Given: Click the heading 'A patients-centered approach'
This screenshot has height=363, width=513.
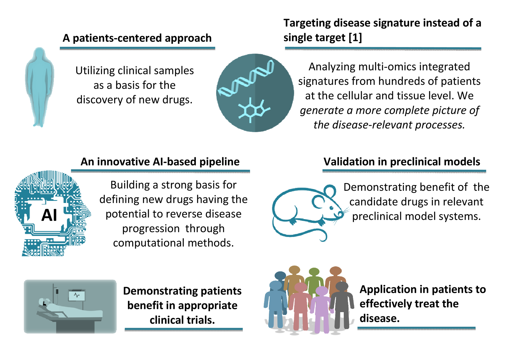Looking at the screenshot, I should click(x=137, y=38).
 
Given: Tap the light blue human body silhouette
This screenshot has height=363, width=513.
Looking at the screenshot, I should click(x=40, y=86).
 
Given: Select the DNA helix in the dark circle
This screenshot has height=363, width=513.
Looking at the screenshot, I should click(x=246, y=78).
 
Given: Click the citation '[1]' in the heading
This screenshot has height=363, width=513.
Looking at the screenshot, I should click(x=355, y=37).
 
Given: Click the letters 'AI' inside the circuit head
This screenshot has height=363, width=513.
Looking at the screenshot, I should click(x=49, y=215).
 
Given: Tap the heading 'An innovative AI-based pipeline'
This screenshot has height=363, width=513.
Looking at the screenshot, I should click(x=160, y=162).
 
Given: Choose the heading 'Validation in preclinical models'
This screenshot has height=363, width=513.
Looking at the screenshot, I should click(x=402, y=162).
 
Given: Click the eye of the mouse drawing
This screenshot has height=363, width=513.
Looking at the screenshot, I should click(x=331, y=208).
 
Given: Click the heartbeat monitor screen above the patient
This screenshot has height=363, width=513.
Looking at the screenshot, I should click(x=77, y=296).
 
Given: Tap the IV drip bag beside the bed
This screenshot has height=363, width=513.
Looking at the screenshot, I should click(x=57, y=291).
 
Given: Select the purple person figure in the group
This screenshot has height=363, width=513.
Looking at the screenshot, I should click(x=322, y=308).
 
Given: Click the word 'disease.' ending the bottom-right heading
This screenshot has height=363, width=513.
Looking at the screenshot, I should click(x=379, y=318).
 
